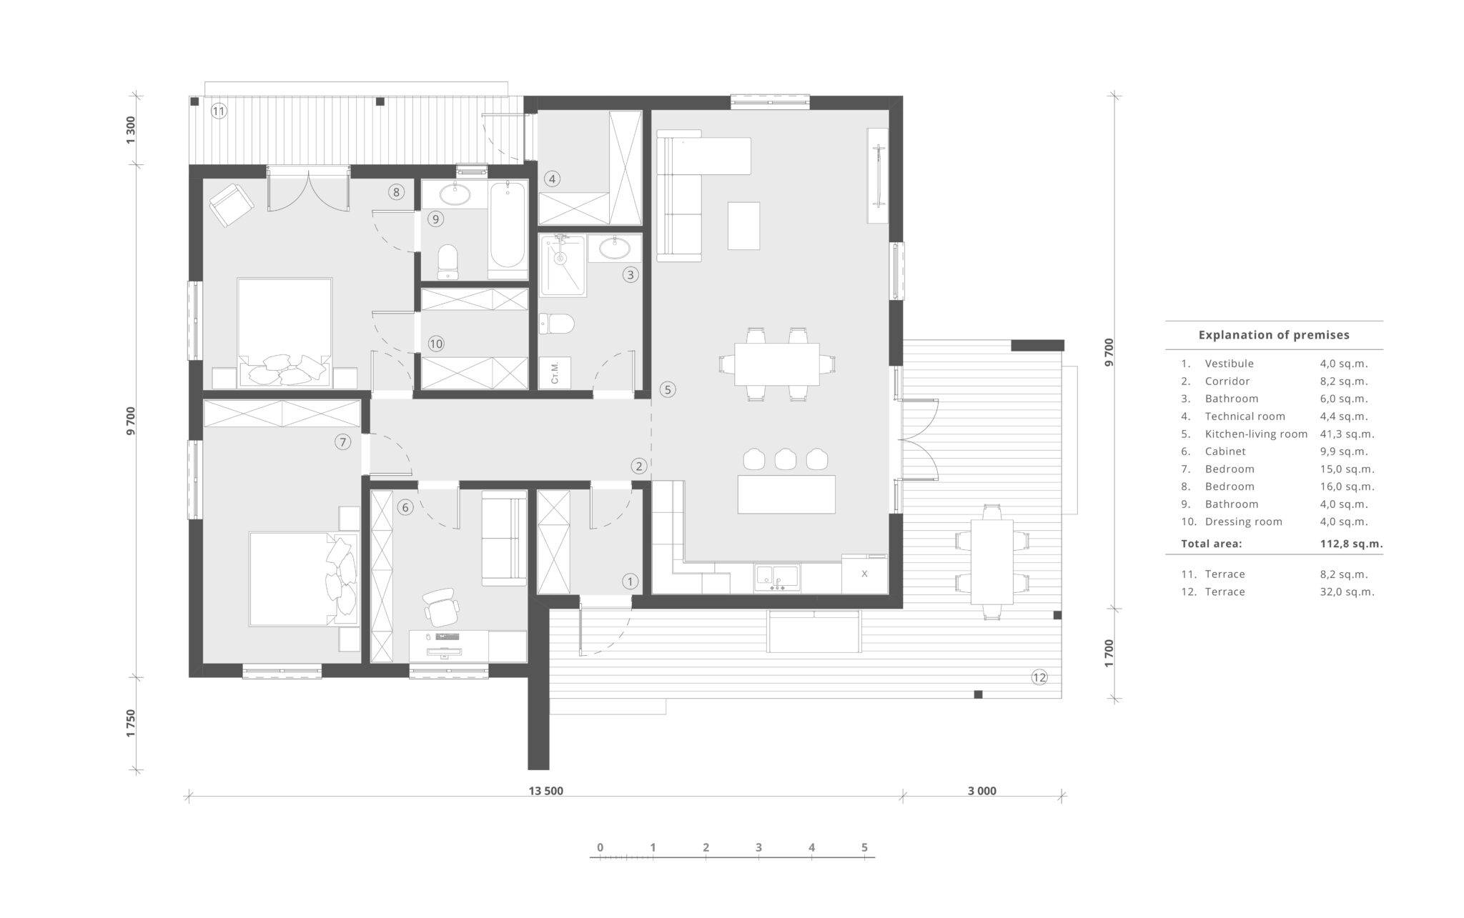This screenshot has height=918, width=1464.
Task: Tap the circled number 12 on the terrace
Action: (1039, 677)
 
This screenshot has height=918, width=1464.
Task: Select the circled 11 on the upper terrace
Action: (219, 111)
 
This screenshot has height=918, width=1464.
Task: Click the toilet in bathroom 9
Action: (448, 261)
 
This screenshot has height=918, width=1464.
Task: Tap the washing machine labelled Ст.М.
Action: (555, 373)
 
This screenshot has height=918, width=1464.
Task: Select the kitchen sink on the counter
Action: (777, 577)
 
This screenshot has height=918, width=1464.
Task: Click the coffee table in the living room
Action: (743, 226)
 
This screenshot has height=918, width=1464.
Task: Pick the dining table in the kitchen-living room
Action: (777, 364)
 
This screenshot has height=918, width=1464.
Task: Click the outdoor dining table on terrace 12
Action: (991, 562)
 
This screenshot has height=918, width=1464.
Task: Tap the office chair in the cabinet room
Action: (440, 607)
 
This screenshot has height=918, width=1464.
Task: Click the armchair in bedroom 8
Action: (232, 205)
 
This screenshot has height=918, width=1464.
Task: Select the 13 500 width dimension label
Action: (546, 791)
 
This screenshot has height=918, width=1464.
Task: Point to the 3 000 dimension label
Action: (982, 791)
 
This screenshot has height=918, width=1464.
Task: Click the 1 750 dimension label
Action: (130, 724)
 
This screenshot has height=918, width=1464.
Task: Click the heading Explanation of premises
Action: (1274, 334)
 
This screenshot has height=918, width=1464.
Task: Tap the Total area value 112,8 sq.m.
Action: (1352, 543)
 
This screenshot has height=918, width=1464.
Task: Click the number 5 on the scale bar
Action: (864, 847)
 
